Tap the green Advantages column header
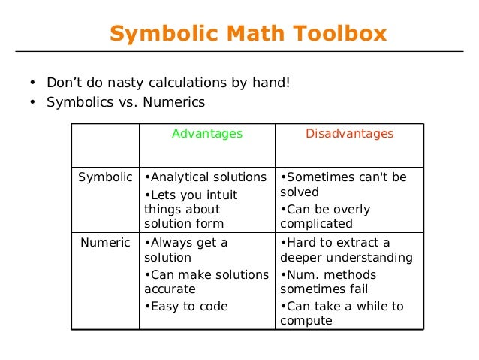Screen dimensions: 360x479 pos(207,134)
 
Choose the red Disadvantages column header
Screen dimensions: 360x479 pos(349,134)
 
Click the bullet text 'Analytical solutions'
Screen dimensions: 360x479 pos(205,177)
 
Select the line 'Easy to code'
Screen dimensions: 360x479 pos(186,306)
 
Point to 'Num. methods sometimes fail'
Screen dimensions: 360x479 pos(328,282)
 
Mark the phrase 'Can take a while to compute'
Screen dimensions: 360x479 pos(342,313)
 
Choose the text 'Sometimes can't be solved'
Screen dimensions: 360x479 pos(343,185)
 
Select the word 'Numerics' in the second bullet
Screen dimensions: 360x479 pos(177,102)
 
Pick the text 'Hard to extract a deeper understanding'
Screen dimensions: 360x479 pos(346,250)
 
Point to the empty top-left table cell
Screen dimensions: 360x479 pos(105,145)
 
